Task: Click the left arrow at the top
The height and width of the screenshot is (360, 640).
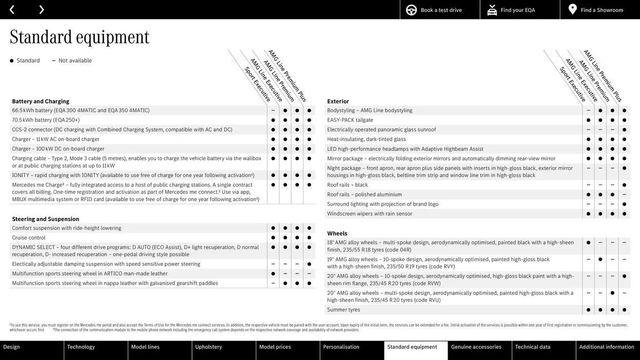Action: pyautogui.click(x=12, y=10)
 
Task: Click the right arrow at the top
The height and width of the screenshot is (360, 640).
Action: pyautogui.click(x=41, y=10)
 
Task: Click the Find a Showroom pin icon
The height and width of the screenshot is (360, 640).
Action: pyautogui.click(x=573, y=9)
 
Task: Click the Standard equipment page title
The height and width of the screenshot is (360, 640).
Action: pyautogui.click(x=80, y=37)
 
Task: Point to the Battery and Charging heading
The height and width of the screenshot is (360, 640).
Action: pyautogui.click(x=41, y=101)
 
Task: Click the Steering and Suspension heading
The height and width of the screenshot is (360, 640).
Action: pyautogui.click(x=46, y=219)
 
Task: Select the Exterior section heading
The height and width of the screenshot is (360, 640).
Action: pyautogui.click(x=338, y=101)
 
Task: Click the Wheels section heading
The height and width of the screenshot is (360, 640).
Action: pyautogui.click(x=337, y=233)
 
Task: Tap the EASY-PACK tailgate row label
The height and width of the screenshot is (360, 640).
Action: pyautogui.click(x=350, y=120)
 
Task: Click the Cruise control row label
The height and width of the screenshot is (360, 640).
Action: pyautogui.click(x=29, y=238)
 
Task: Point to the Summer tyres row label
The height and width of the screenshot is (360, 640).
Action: pyautogui.click(x=344, y=310)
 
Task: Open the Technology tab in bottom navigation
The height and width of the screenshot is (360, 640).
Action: pyautogui.click(x=81, y=347)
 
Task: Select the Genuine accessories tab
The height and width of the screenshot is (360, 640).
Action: pyautogui.click(x=476, y=347)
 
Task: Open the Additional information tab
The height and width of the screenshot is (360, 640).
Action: pyautogui.click(x=607, y=347)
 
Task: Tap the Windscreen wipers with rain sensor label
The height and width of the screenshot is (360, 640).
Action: pyautogui.click(x=369, y=214)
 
